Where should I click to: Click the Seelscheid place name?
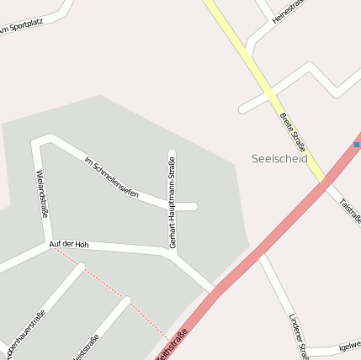pos(279,158)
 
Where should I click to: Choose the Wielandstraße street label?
pos(41,193)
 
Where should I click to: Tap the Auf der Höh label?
pos(68,244)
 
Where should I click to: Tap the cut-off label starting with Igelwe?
pos(348,345)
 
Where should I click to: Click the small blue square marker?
pos(357,145)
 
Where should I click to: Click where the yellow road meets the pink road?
pos(324,183)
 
